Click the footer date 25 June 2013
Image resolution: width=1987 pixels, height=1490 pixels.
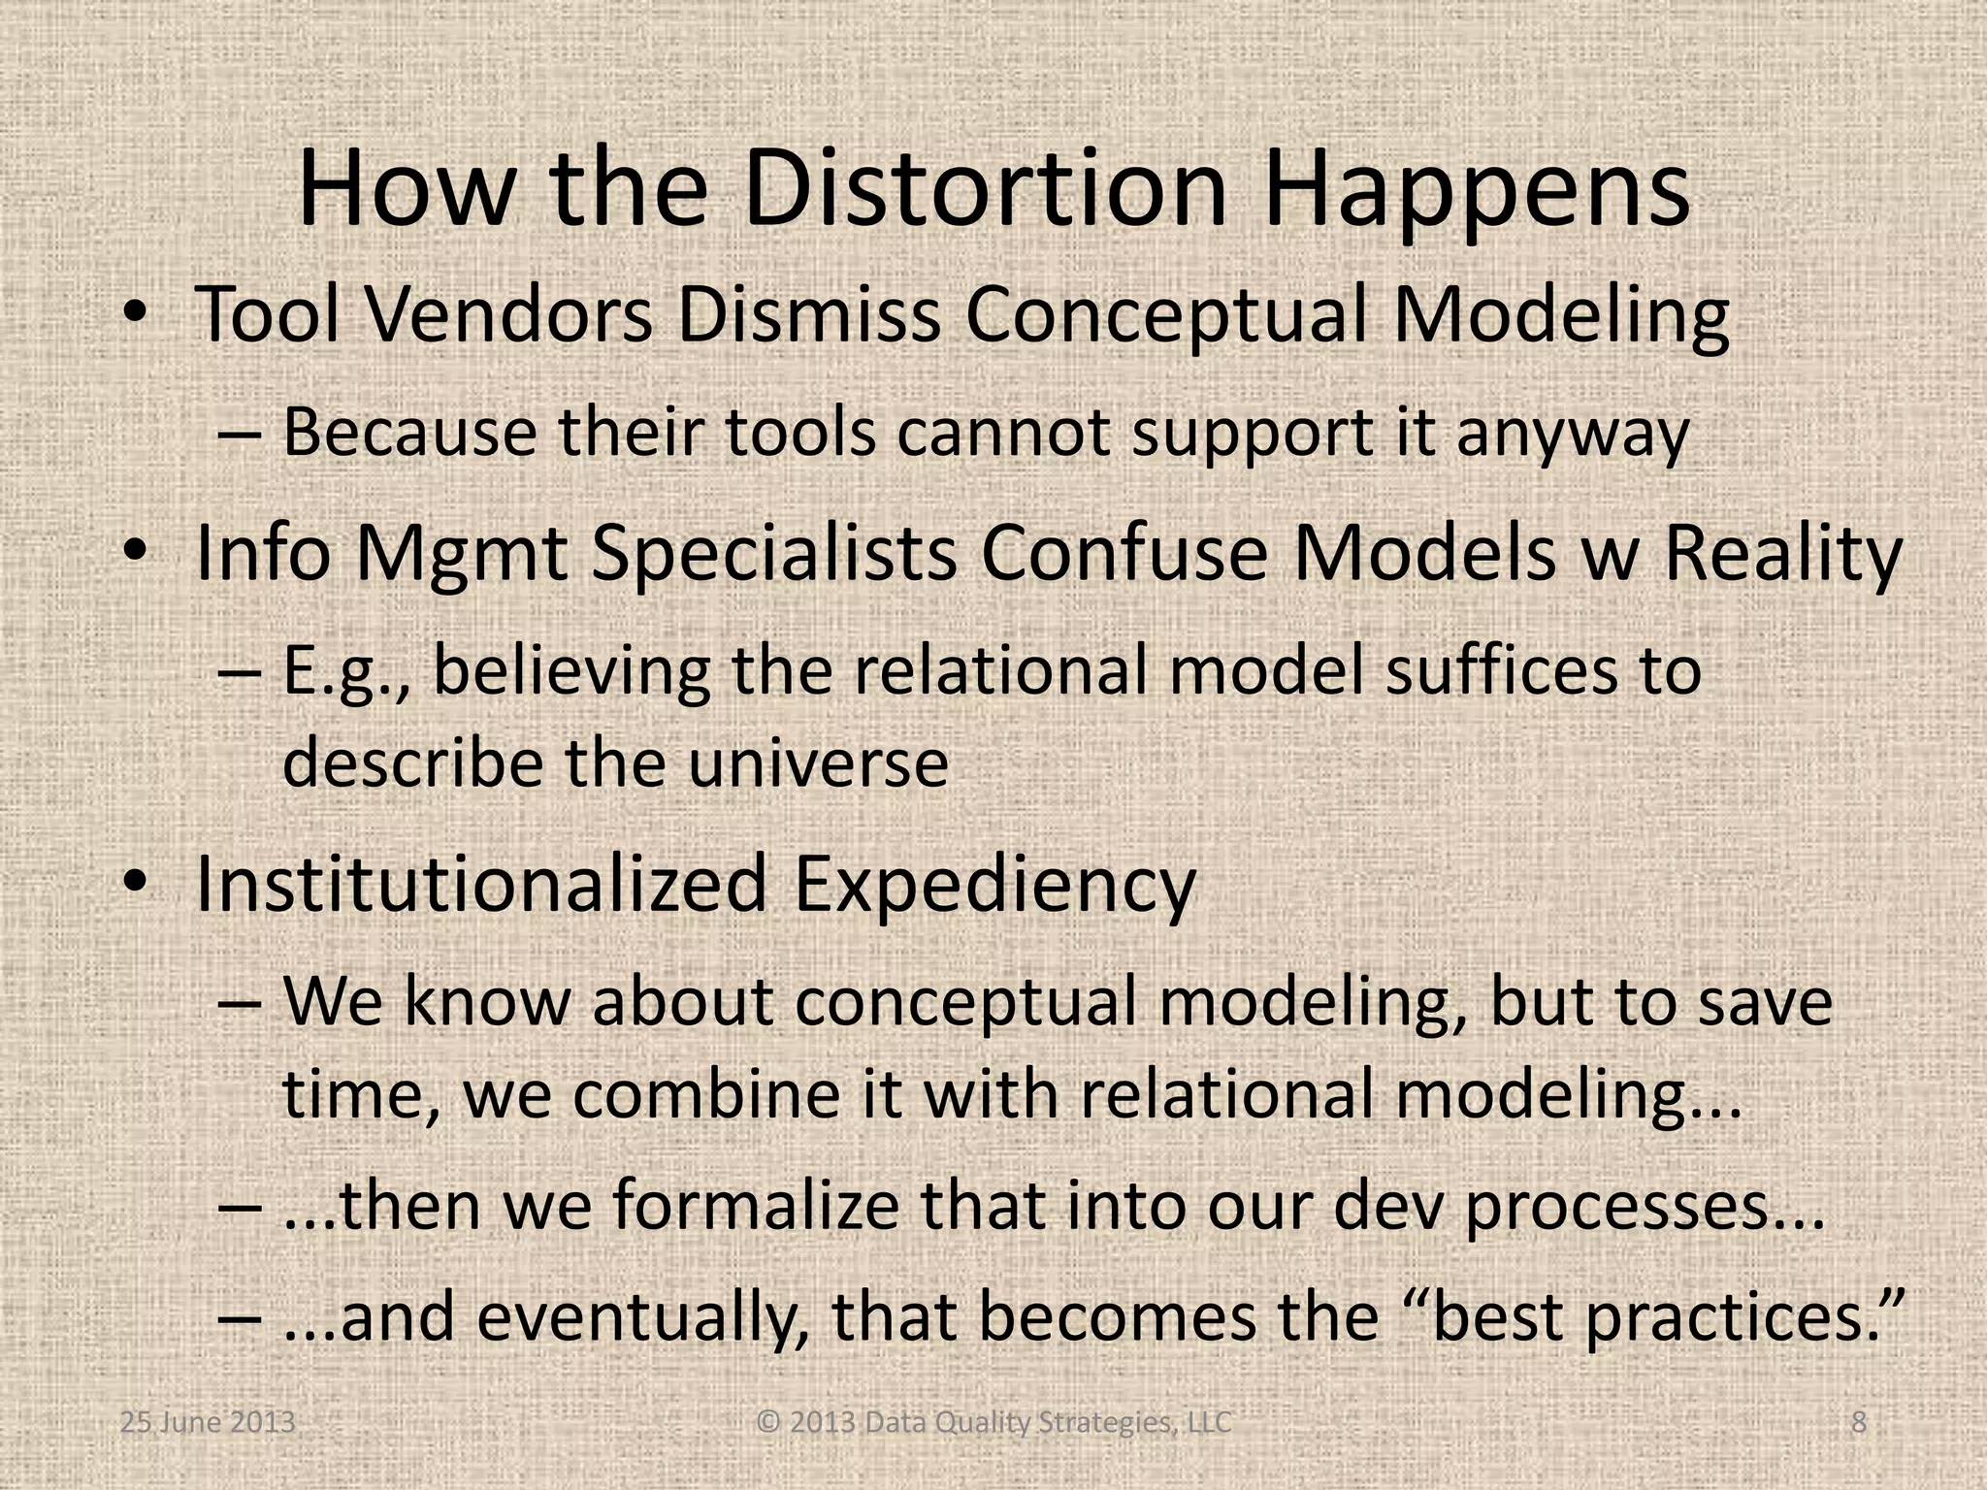[x=208, y=1423]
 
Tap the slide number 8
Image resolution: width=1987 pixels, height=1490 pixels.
[x=1858, y=1423]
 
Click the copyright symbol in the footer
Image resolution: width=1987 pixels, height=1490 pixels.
[x=768, y=1423]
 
